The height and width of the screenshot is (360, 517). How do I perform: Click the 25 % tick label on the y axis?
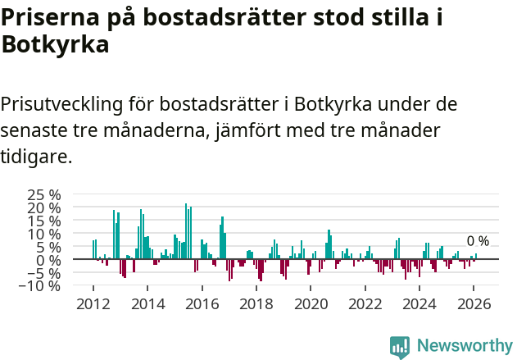44,195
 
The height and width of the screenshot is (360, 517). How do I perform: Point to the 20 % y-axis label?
44,208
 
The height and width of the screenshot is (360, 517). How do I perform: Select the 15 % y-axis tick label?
44,221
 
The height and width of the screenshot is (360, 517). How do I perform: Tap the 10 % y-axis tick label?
44,235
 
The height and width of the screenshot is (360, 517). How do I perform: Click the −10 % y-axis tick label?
41,286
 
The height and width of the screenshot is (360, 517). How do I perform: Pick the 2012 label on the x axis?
93,303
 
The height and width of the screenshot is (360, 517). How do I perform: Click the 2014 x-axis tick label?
147,303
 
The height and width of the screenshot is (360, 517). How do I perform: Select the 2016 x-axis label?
202,303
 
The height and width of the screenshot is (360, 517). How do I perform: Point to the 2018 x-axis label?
256,303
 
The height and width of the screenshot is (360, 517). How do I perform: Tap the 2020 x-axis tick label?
311,303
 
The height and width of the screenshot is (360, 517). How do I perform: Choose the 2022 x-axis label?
365,303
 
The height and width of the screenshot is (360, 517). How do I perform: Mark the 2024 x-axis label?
419,303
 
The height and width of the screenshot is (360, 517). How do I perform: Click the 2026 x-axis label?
474,303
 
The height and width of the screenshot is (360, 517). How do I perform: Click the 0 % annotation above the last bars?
478,241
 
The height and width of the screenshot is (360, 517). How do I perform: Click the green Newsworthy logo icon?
400,347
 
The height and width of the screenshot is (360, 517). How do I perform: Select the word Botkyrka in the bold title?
56,46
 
